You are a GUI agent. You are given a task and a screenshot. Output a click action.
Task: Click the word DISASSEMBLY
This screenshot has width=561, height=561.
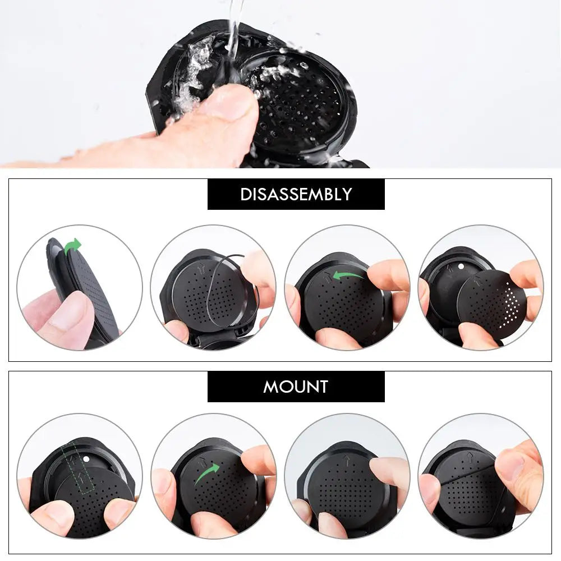[296, 194]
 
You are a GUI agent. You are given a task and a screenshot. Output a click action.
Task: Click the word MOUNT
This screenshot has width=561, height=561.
[296, 387]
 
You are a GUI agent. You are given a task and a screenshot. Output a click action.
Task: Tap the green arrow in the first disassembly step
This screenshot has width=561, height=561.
[73, 246]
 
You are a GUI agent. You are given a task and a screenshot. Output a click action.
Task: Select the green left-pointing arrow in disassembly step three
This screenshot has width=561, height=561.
[347, 275]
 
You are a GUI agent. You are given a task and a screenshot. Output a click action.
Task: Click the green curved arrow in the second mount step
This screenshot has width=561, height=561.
[207, 473]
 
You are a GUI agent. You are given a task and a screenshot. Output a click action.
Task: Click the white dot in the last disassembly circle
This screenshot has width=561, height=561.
[460, 265]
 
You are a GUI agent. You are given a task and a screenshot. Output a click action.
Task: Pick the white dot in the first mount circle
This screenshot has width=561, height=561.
[87, 459]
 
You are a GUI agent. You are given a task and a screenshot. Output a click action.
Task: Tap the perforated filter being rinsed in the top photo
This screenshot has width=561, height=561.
[297, 104]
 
